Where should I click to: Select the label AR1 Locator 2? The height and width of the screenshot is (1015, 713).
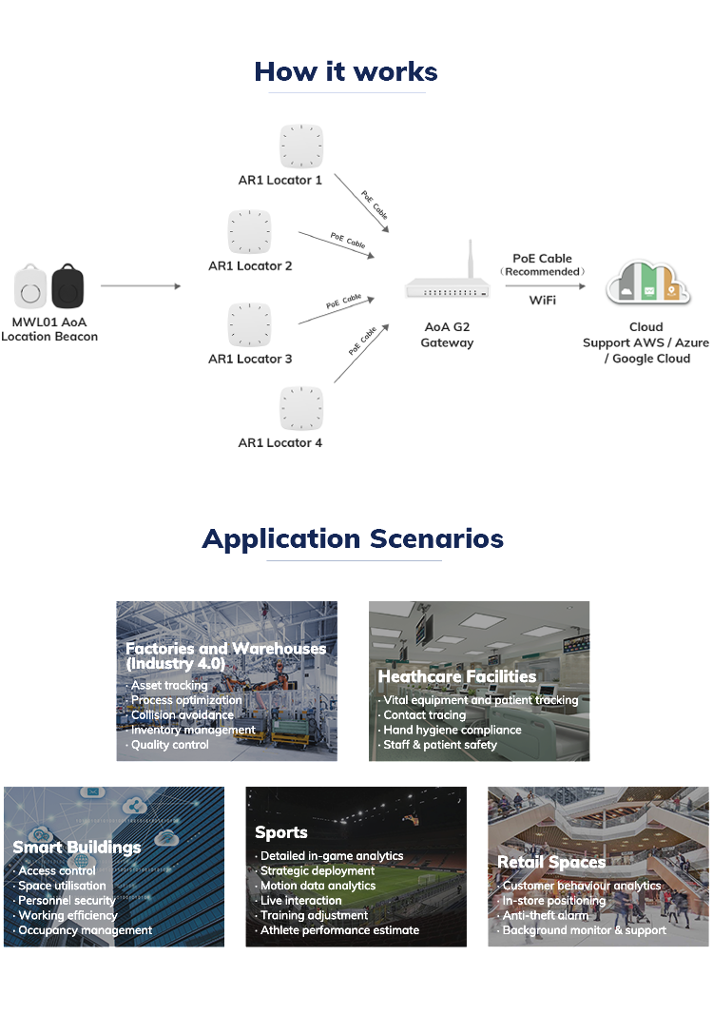[x=250, y=266]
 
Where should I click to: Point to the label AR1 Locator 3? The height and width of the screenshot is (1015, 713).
[x=250, y=359]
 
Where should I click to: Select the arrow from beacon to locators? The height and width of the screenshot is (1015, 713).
[x=140, y=285]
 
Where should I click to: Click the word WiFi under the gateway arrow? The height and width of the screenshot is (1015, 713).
[x=543, y=301]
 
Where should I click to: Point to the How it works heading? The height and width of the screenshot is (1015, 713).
[x=346, y=71]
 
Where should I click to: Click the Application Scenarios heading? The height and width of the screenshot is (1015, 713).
[x=353, y=538]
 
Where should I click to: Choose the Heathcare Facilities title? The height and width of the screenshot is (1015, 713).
[x=457, y=676]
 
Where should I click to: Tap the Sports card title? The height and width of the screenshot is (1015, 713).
[x=281, y=832]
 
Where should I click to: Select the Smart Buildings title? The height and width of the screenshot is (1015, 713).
[x=76, y=847]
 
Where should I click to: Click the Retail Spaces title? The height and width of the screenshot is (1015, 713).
[x=551, y=862]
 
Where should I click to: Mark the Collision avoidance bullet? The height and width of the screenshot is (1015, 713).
[x=183, y=714]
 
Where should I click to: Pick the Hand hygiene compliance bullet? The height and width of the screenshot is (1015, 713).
[x=453, y=730]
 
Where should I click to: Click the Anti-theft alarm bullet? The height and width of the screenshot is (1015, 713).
[x=546, y=915]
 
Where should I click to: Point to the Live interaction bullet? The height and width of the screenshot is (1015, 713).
[x=301, y=900]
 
